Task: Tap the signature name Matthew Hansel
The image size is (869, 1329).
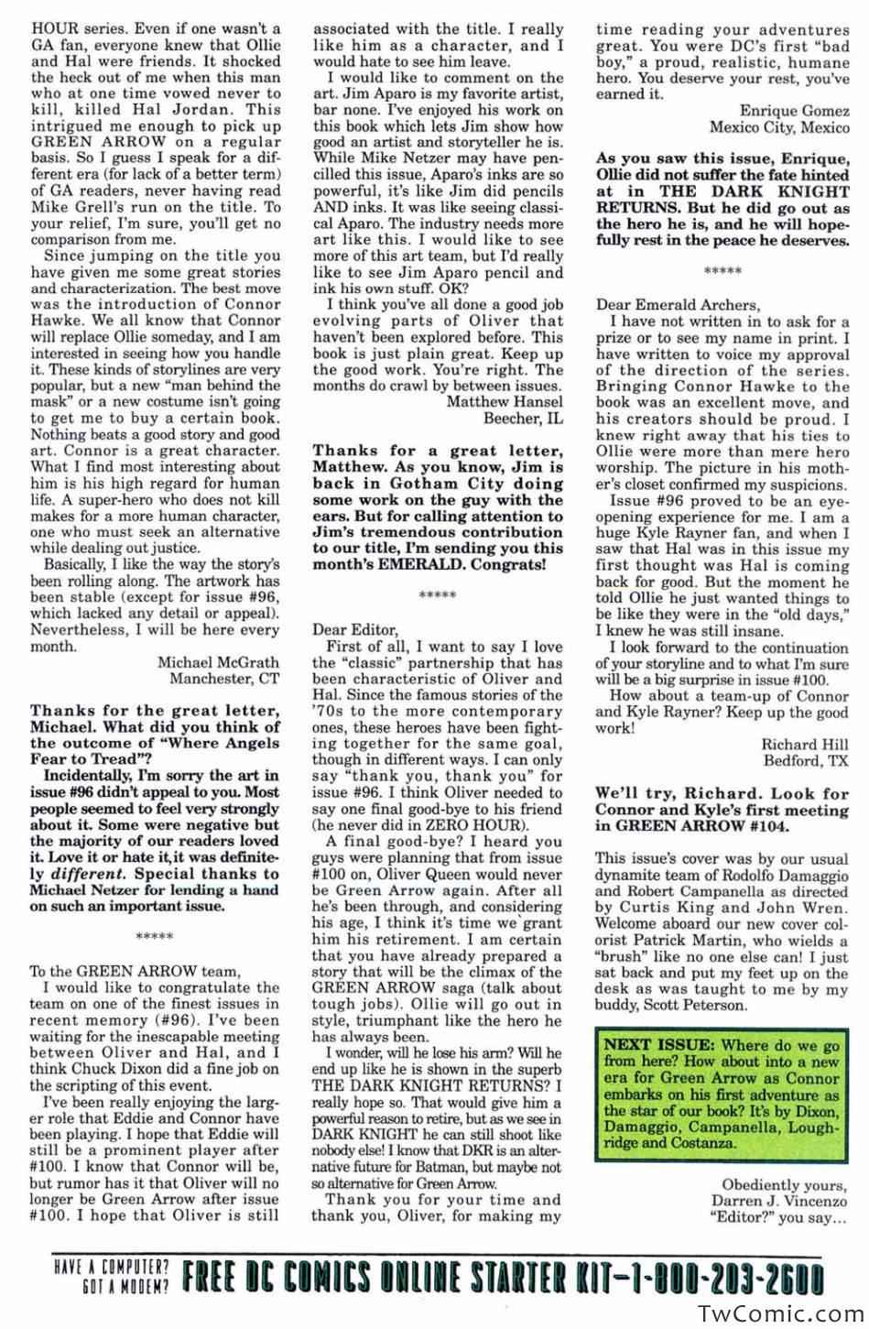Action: pyautogui.click(x=505, y=401)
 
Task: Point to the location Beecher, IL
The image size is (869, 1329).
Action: pyautogui.click(x=523, y=418)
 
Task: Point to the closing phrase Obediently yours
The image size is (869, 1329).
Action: pyautogui.click(x=785, y=1183)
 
